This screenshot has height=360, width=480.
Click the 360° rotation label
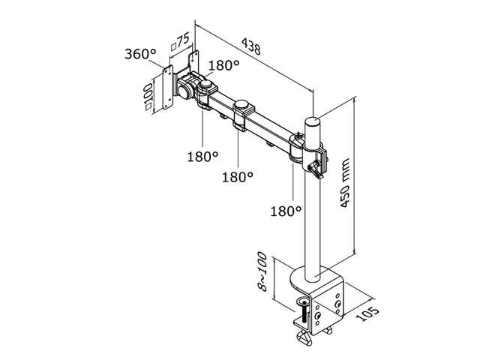[140, 54]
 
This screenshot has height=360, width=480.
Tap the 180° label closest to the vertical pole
[286, 211]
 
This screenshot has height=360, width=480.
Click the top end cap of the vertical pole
[312, 119]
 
